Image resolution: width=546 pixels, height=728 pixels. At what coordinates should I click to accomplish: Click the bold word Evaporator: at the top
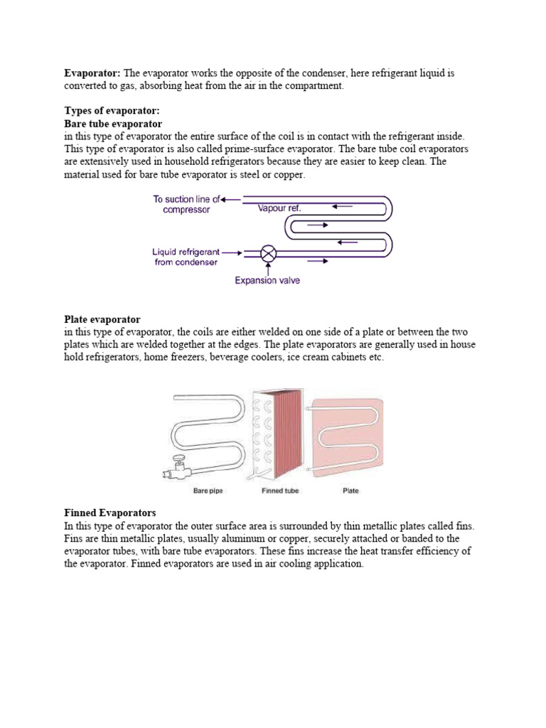click(x=92, y=73)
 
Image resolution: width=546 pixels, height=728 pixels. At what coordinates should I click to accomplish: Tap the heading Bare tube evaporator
click(x=113, y=124)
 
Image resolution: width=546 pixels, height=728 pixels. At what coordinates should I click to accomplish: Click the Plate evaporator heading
click(x=102, y=320)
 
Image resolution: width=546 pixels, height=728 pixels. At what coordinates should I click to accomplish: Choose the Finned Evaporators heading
click(x=109, y=513)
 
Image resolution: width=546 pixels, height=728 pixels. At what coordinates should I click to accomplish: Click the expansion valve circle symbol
click(x=269, y=252)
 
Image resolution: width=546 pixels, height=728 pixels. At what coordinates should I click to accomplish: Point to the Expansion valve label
click(x=267, y=280)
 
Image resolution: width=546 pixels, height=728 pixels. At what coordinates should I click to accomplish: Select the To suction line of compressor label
click(x=186, y=204)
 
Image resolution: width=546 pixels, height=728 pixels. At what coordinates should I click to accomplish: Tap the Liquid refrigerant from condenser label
click(x=186, y=257)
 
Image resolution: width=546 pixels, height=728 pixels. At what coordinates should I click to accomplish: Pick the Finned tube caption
click(x=280, y=491)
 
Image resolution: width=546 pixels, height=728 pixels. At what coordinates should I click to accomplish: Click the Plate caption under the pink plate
click(x=350, y=491)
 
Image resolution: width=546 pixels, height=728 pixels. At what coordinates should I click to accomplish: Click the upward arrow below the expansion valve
click(x=268, y=268)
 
